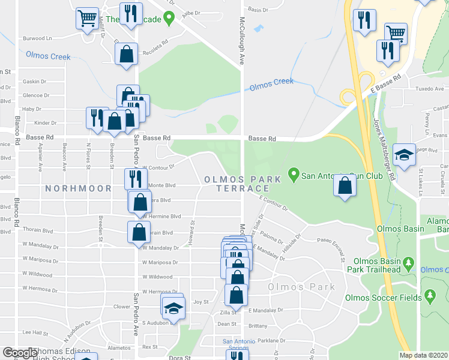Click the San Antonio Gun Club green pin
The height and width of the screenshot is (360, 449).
294,176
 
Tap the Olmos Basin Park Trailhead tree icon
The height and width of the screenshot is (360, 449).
409,263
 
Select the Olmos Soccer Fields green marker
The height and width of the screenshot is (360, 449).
430,295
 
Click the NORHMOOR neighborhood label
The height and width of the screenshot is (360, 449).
78,188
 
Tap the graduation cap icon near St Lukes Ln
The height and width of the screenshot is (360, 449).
405,155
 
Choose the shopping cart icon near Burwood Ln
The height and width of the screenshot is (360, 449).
87,19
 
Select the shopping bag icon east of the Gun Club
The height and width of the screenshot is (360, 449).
345,186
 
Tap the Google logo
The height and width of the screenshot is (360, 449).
20,353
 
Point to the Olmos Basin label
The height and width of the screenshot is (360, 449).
397,229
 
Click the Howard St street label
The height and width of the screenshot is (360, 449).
193,229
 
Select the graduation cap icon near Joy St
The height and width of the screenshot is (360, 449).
173,308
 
